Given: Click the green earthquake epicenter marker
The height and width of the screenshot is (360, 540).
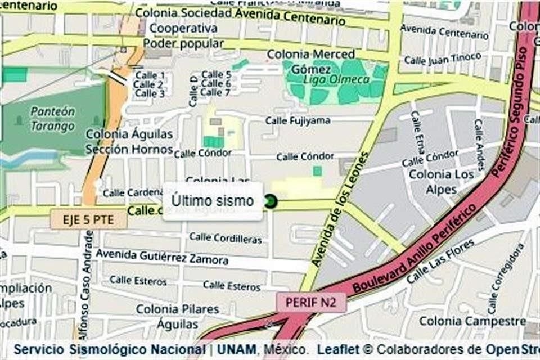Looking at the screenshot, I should pos(271,201).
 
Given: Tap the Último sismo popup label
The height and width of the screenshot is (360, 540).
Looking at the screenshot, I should pos(213,201).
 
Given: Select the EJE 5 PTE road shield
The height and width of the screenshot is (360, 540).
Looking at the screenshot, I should pos(88,219).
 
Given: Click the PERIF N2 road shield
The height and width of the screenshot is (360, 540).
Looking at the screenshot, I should pos(311,302).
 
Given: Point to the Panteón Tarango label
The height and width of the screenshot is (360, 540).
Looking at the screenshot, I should pos(53,118).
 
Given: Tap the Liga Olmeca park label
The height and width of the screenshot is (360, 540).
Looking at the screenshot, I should pos(344,80).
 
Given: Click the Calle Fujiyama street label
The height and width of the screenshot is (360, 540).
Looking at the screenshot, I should pos(298,120).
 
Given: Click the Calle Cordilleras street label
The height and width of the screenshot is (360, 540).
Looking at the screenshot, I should pos(225,238).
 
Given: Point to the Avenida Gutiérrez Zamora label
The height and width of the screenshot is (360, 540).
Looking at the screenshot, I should pos(162,257).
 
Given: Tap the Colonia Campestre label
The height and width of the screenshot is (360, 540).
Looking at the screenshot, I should pos(472,321).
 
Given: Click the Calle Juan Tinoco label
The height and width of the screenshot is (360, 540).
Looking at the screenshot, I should pos(443,58).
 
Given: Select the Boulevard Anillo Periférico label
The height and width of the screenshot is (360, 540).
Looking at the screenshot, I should pos(416,249).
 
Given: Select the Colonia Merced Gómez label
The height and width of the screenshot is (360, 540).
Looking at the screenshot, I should pos(310,61).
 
